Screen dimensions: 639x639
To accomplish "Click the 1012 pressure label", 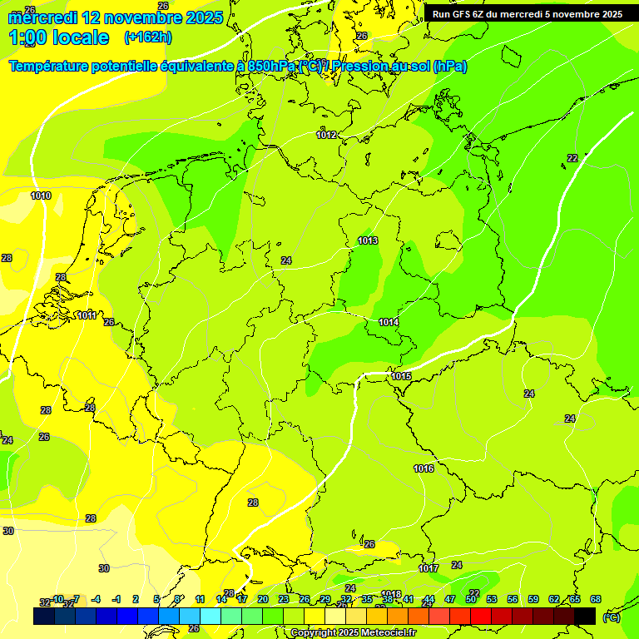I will click(x=326, y=135).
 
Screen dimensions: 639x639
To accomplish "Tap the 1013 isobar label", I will click(x=368, y=240).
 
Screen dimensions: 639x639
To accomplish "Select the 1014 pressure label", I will click(x=389, y=322).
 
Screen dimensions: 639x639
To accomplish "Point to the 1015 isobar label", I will click(x=401, y=376).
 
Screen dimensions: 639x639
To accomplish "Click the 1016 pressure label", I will click(x=424, y=468).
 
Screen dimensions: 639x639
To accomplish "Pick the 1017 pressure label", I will click(x=428, y=568).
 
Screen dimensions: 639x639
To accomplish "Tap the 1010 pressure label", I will click(x=40, y=196).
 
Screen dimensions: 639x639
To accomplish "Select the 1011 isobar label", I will click(x=86, y=315).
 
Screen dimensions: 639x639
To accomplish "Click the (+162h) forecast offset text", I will click(x=148, y=37).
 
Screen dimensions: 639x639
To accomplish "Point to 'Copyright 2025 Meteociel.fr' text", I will click(x=354, y=632).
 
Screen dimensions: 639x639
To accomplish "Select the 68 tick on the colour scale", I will click(x=596, y=599).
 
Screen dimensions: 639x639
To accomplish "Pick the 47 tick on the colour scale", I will click(x=450, y=599).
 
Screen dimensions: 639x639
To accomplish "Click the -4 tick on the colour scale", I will click(x=96, y=599).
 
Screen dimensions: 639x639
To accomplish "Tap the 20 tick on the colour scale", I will click(x=262, y=599).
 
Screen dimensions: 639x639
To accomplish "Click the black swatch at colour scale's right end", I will click(x=585, y=616).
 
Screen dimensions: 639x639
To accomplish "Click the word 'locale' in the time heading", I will click(x=80, y=37).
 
